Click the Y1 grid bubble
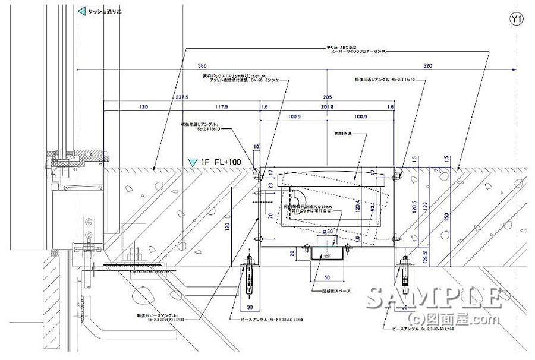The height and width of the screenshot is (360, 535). (x=516, y=20)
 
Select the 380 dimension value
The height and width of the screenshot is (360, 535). (x=203, y=67)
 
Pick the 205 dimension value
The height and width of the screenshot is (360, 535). (x=327, y=97)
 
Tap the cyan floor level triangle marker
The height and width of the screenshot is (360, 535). (x=191, y=162)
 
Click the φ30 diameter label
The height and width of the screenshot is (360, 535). (x=326, y=230)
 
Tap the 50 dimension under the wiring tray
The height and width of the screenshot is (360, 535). (x=326, y=277)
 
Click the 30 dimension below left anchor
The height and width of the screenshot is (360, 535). (x=250, y=308)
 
